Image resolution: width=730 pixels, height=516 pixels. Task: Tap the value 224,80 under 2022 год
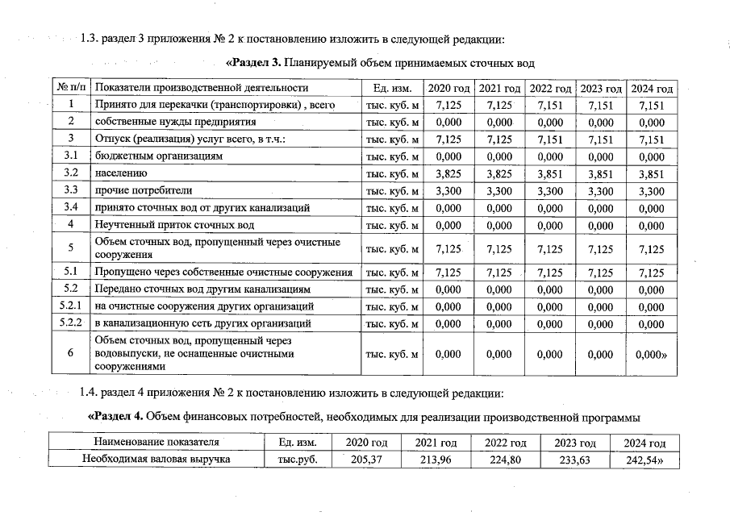point(506,460)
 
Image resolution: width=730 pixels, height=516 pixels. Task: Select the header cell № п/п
point(71,88)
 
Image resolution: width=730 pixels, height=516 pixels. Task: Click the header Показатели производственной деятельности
point(202,88)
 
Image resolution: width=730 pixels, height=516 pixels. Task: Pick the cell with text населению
point(121,173)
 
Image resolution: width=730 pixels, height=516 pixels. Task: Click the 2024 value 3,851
point(650,173)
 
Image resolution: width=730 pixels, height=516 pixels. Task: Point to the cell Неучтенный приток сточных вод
point(174,224)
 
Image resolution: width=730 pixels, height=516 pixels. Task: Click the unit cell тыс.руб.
point(292,460)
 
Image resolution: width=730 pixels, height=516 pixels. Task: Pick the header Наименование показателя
point(156,443)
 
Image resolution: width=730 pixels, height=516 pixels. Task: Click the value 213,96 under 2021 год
point(436,460)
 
